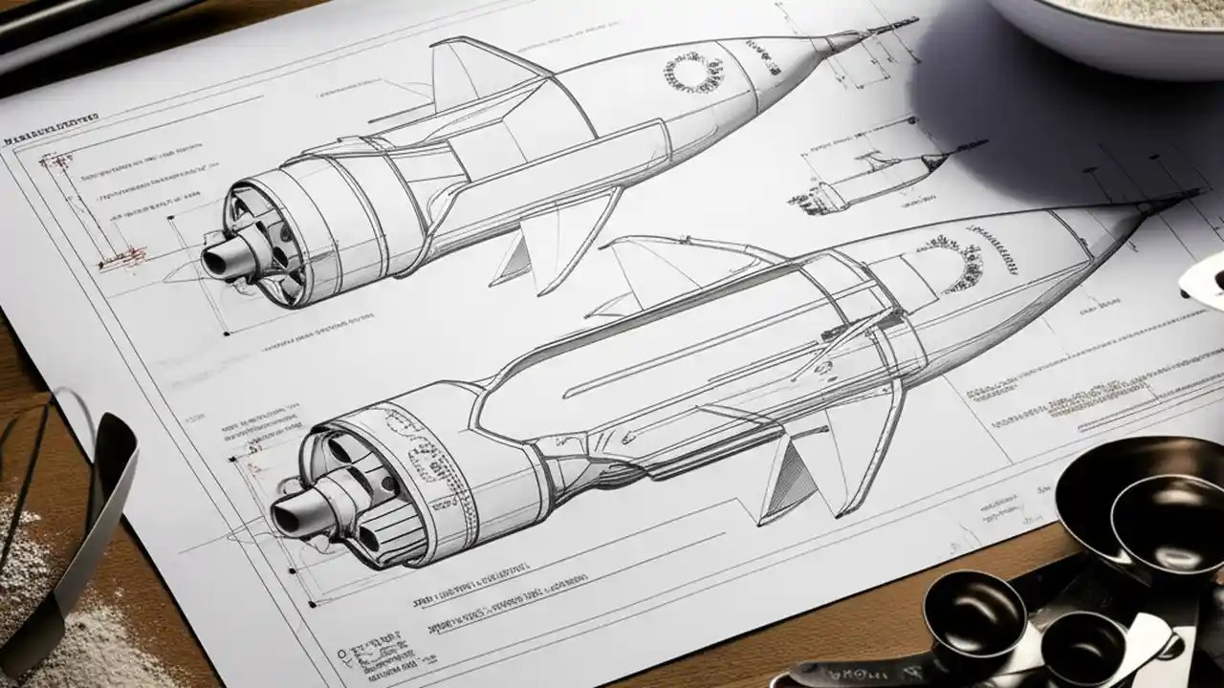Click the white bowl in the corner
[x=1109, y=29]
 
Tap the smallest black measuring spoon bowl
[x=1081, y=650]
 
